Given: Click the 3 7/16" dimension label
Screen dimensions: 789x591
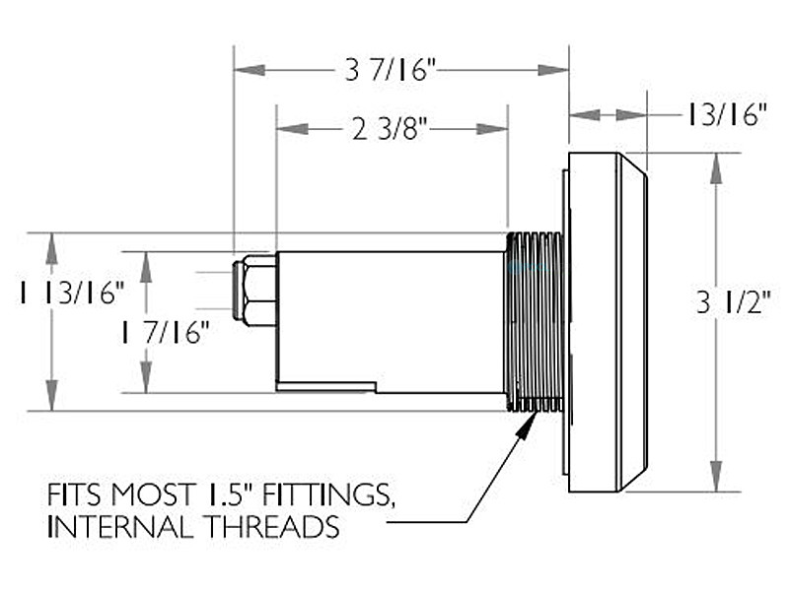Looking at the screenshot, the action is click(390, 70).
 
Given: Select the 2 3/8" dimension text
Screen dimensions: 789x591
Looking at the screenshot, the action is click(390, 129).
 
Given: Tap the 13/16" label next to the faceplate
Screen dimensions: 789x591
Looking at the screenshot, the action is click(727, 115).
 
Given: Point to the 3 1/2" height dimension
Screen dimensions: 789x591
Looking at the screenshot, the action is click(734, 302).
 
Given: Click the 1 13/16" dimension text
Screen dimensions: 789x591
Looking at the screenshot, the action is click(71, 293).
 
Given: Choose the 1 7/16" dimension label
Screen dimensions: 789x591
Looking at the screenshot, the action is click(165, 332).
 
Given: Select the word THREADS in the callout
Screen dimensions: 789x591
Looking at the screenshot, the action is click(273, 527).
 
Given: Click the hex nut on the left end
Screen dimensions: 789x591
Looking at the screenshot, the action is click(254, 291).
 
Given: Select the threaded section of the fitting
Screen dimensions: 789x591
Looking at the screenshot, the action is click(534, 322).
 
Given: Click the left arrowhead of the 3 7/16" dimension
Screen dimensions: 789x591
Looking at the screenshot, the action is click(251, 70).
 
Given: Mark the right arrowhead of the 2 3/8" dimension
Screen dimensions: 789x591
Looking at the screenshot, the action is click(492, 129).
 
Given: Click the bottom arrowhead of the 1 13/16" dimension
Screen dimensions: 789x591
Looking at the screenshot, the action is click(51, 396).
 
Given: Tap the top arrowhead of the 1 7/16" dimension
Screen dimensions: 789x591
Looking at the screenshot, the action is click(146, 267).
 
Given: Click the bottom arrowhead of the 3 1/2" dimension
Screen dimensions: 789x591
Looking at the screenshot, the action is click(716, 476).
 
